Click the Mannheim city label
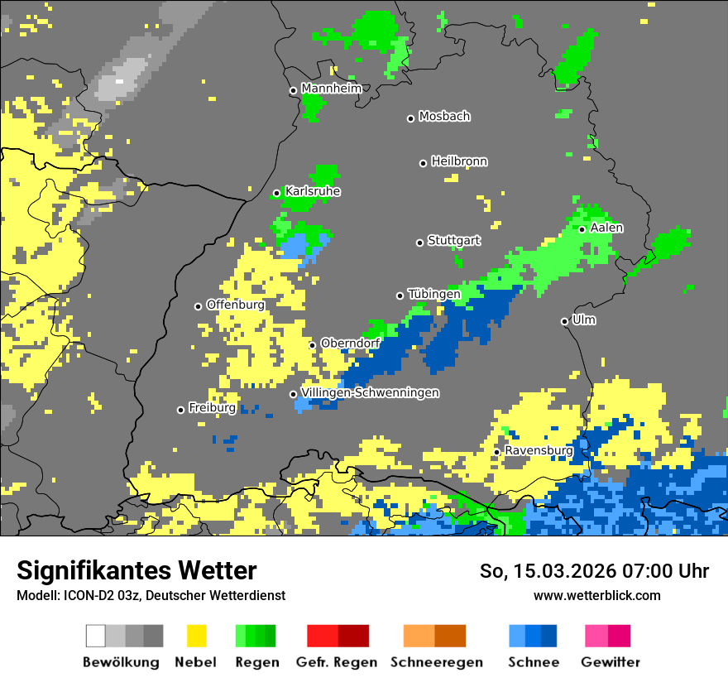(x=331, y=89)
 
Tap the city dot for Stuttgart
(x=419, y=243)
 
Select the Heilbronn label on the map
(x=459, y=161)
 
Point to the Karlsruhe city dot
(x=277, y=193)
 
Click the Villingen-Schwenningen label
(x=370, y=392)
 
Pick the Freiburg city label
(x=212, y=408)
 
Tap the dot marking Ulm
(x=565, y=321)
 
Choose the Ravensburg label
(x=539, y=450)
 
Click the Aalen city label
(x=606, y=228)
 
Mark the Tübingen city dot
(x=400, y=295)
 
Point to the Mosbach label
(x=444, y=117)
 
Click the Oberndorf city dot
(x=313, y=345)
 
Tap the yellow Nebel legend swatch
(x=196, y=636)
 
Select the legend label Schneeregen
(x=436, y=662)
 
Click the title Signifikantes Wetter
(x=136, y=571)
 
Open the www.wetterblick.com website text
(x=596, y=595)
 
